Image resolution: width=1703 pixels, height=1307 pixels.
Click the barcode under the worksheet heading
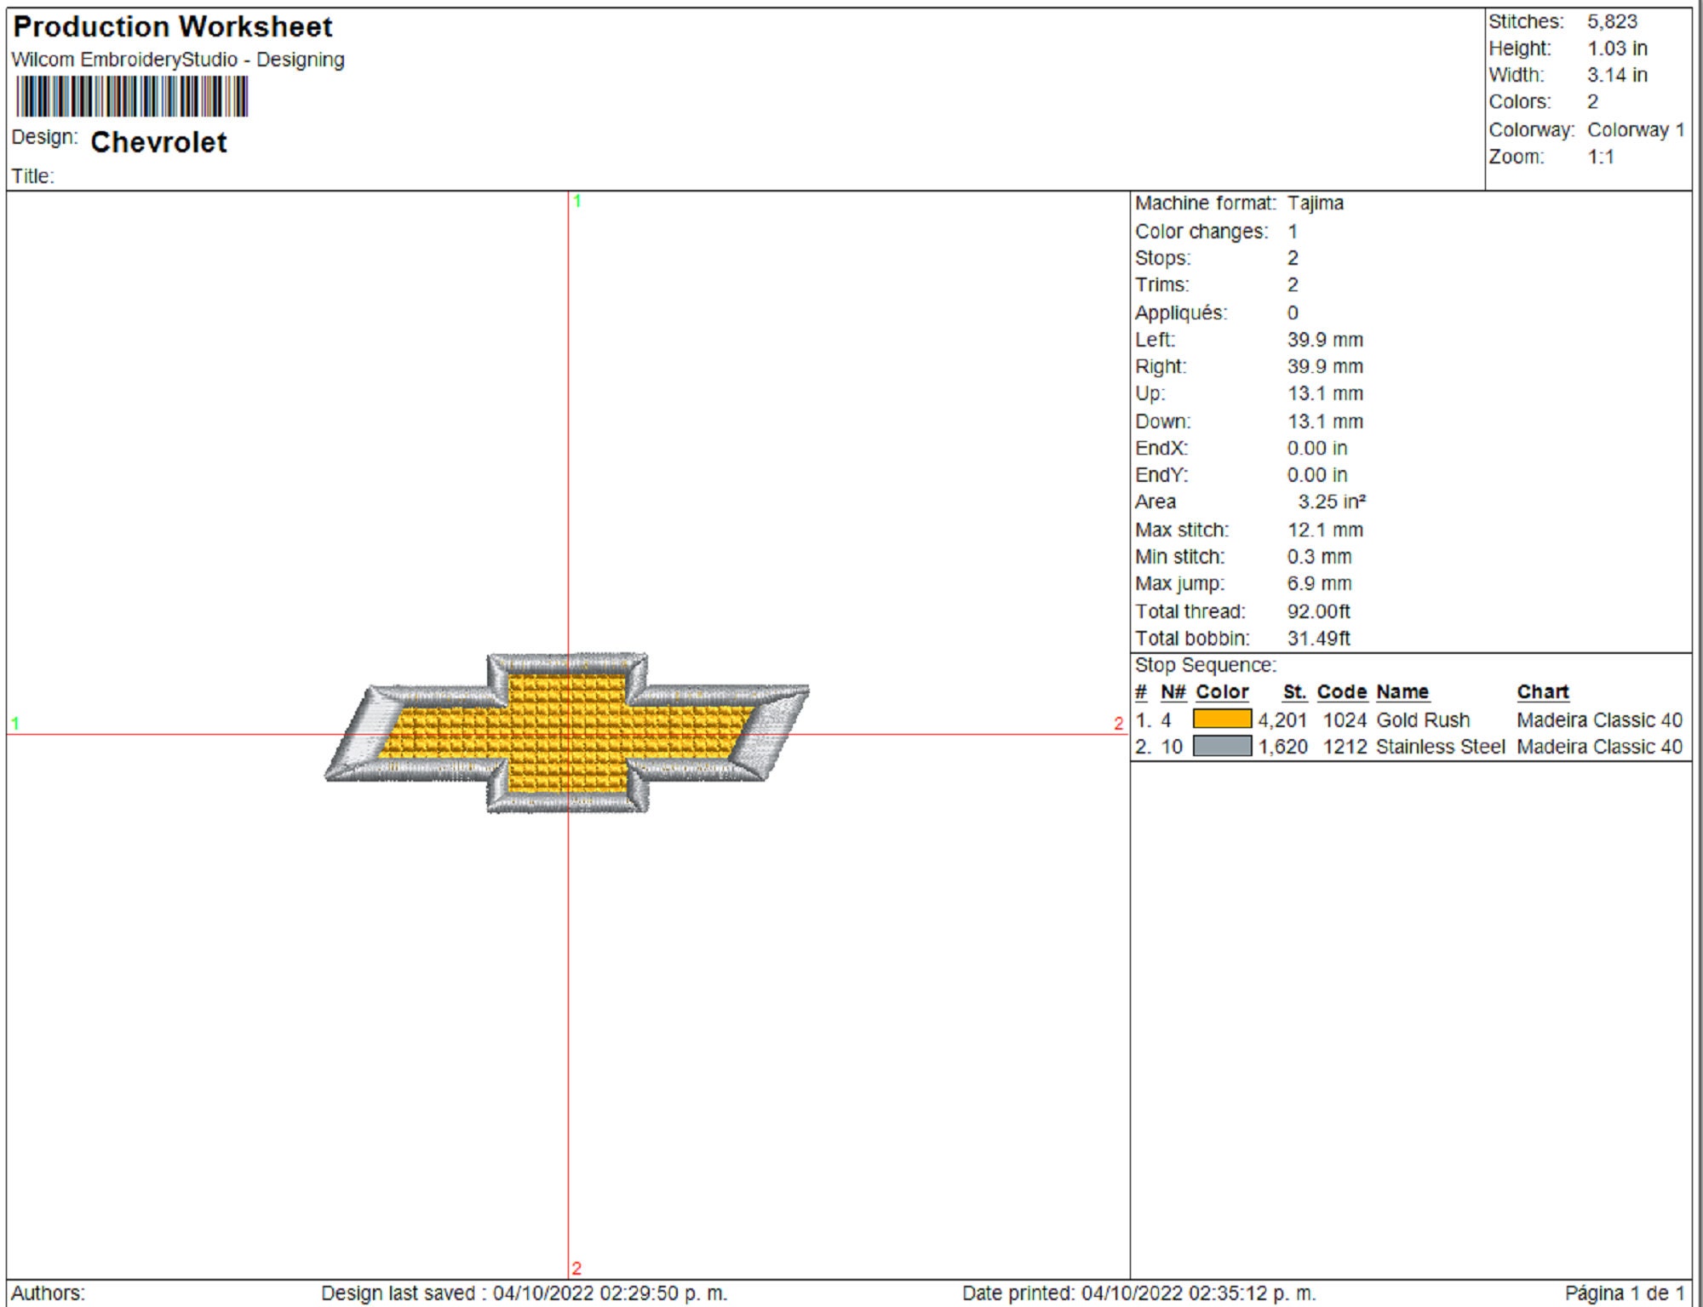pyautogui.click(x=132, y=96)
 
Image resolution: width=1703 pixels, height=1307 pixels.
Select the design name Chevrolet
pyautogui.click(x=158, y=142)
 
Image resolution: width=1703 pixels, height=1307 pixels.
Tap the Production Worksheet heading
pyautogui.click(x=173, y=27)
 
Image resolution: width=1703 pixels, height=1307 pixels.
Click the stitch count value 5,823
pyautogui.click(x=1611, y=22)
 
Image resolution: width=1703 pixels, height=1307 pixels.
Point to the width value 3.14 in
pyautogui.click(x=1616, y=75)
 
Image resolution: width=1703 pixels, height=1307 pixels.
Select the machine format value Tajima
pyautogui.click(x=1315, y=204)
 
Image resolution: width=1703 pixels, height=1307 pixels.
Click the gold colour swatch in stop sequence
pyautogui.click(x=1222, y=719)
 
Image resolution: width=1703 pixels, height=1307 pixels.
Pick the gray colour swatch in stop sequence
pyautogui.click(x=1222, y=747)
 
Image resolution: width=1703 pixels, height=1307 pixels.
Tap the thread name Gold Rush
pyautogui.click(x=1423, y=720)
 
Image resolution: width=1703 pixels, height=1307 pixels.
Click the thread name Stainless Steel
pyautogui.click(x=1440, y=747)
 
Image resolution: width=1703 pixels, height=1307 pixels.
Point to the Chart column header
pyautogui.click(x=1542, y=692)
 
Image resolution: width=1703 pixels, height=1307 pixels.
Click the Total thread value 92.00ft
pyautogui.click(x=1318, y=611)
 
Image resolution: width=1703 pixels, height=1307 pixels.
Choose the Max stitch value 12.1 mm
pyautogui.click(x=1324, y=530)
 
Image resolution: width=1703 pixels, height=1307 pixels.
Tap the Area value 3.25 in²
pyautogui.click(x=1331, y=502)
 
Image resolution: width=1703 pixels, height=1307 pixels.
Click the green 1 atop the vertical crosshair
pyautogui.click(x=577, y=202)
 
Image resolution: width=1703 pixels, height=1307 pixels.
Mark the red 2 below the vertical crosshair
pyautogui.click(x=576, y=1268)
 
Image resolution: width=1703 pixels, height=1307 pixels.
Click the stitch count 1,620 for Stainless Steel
pyautogui.click(x=1282, y=747)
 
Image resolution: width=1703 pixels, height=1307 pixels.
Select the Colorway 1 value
pyautogui.click(x=1635, y=130)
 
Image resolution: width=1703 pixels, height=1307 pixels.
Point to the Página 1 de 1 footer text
pyautogui.click(x=1624, y=1293)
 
